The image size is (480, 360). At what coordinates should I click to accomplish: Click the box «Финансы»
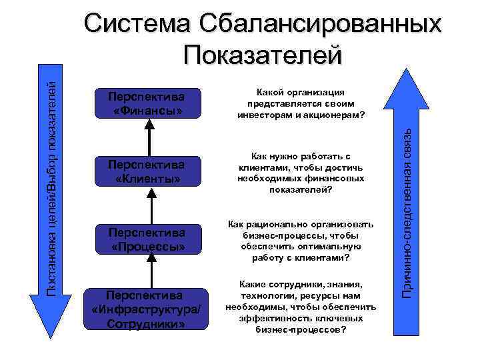(148, 103)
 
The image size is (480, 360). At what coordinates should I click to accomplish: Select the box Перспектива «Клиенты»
(148, 171)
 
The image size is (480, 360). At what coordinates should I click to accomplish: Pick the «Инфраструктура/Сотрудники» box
(148, 309)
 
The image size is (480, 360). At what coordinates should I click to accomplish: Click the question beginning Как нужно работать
(301, 172)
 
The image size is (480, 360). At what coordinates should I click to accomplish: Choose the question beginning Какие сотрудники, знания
(301, 307)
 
